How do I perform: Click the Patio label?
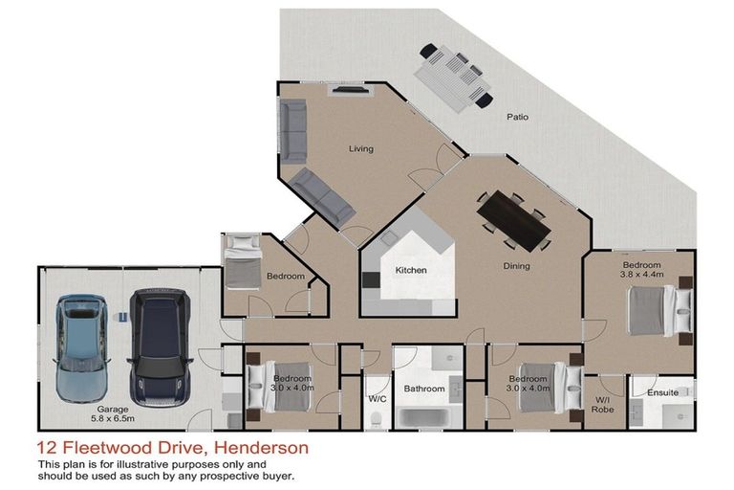517,118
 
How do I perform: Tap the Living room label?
360,148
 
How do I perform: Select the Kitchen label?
411,270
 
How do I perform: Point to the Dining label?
516,266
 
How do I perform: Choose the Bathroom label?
423,390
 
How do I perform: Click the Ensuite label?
662,392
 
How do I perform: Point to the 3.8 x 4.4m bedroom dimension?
641,275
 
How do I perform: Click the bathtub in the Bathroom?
424,417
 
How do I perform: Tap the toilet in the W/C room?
378,418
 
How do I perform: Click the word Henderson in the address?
261,447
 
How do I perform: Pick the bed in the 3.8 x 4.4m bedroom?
658,310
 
